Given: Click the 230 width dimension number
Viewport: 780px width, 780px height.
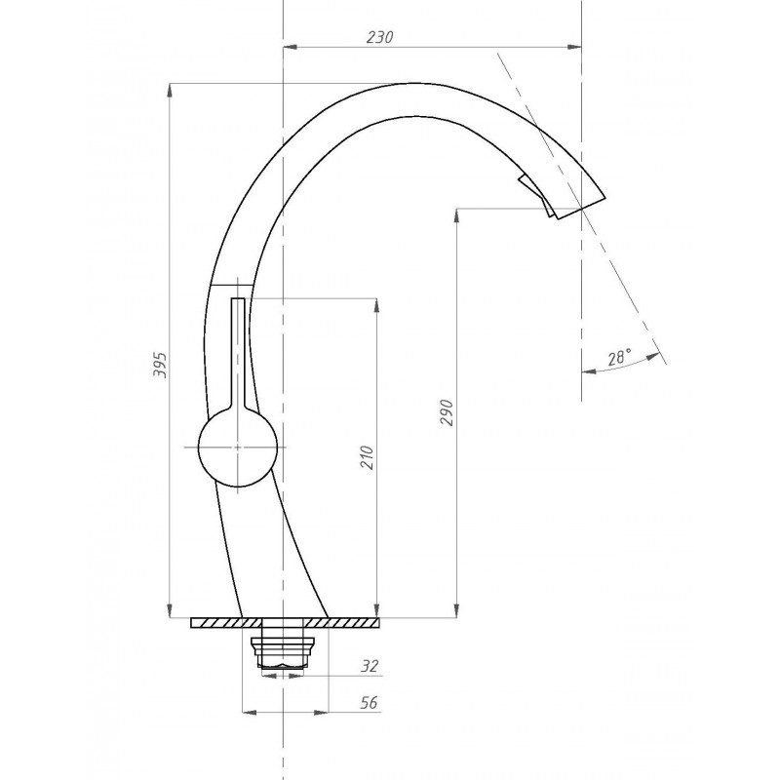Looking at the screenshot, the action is point(379,37).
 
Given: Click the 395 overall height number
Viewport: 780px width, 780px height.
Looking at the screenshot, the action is point(160,365).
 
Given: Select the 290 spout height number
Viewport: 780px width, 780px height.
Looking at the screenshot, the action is point(447,412).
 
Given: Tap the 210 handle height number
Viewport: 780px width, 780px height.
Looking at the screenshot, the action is point(367,457).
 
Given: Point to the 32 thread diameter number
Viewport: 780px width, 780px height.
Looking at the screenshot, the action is point(370,666).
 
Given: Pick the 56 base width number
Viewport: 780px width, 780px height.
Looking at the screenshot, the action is point(369,702).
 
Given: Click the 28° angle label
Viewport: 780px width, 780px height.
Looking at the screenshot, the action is point(619,357).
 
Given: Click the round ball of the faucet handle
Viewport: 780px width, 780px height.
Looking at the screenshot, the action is point(238,448).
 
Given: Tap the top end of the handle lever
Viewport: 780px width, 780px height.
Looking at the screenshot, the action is point(238,298).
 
